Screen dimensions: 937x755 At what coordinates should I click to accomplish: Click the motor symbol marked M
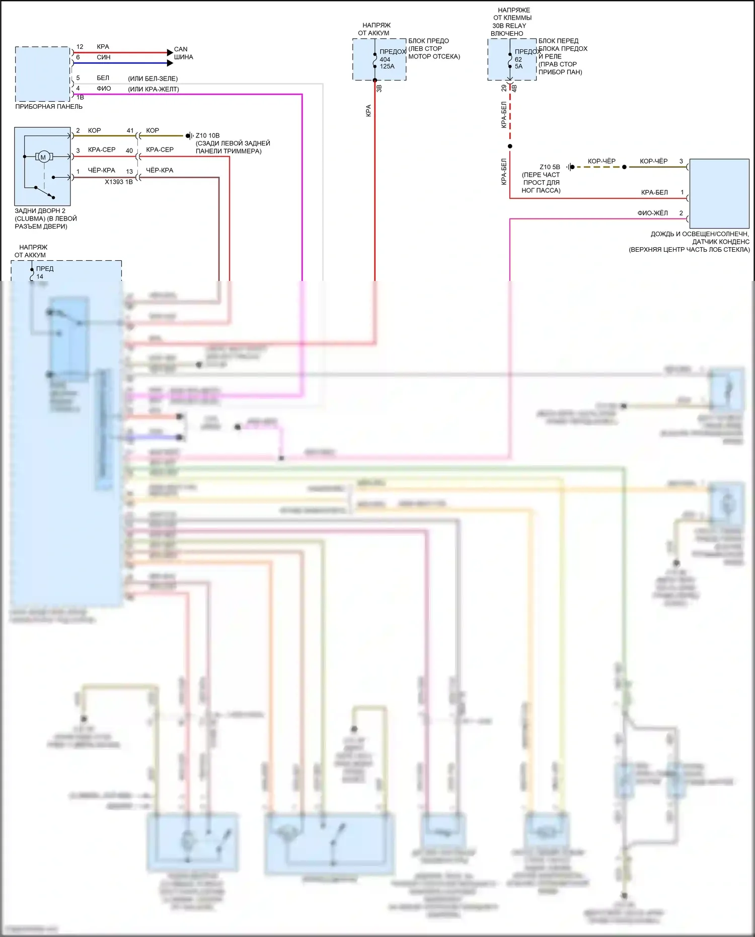point(43,157)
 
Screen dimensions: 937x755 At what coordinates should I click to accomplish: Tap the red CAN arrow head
point(170,52)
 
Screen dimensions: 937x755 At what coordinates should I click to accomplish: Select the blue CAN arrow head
point(170,63)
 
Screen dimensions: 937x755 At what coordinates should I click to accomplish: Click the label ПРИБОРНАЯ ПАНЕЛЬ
point(49,107)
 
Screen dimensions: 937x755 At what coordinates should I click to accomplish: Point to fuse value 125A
point(387,66)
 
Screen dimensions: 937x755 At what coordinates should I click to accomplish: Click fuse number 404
point(385,59)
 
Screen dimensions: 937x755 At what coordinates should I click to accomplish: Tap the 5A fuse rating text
point(518,66)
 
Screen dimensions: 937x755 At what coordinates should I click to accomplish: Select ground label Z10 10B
point(207,135)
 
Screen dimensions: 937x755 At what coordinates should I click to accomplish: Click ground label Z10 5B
point(550,167)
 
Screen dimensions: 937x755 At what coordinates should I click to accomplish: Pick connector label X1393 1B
point(119,182)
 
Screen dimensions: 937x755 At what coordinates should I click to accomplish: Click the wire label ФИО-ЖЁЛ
point(653,213)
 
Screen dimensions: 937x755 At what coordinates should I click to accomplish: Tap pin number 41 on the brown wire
point(130,130)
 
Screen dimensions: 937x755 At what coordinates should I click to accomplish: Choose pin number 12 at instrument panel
point(80,47)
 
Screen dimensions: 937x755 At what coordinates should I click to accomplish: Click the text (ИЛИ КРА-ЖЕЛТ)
point(154,89)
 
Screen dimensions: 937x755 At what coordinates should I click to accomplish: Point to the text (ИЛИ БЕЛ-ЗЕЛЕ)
point(153,79)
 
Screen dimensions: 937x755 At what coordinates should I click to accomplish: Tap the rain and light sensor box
point(719,193)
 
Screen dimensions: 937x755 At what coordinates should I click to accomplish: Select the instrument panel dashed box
point(42,74)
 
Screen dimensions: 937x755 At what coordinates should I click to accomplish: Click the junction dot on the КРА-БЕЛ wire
point(510,147)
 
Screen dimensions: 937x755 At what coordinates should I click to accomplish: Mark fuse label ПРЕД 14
point(44,272)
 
